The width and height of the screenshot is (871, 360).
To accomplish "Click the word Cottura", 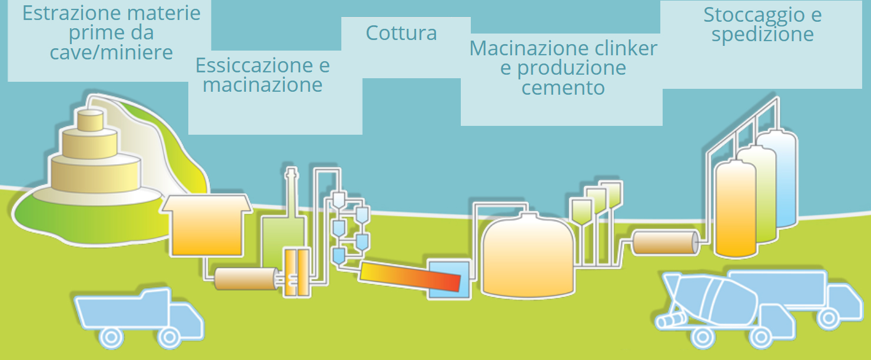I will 401,33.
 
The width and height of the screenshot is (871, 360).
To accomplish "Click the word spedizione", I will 762,34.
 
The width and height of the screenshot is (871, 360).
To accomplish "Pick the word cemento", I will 563,88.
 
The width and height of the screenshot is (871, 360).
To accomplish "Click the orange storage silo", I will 735,209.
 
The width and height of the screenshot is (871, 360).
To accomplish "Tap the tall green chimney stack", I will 291,194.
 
